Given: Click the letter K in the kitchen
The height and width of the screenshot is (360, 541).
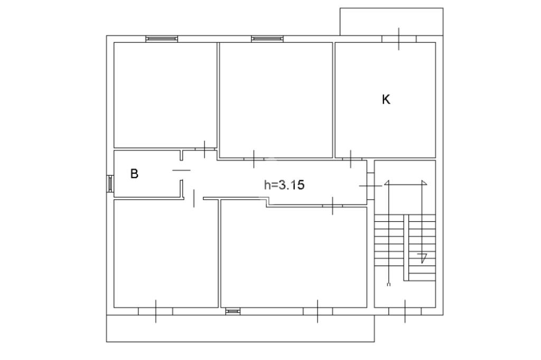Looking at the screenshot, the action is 386,99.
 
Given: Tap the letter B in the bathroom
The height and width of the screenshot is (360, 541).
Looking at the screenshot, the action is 134,173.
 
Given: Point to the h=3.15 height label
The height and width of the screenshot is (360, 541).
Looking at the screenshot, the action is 284,185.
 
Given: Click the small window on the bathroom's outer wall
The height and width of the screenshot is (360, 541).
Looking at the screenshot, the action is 110,184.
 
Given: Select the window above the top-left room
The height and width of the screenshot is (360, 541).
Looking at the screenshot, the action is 162,39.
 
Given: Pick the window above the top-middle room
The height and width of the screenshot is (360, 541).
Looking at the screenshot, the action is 267,39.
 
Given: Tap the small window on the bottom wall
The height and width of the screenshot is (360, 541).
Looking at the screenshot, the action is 233,311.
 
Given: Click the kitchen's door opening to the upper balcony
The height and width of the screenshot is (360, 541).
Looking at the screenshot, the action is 399,39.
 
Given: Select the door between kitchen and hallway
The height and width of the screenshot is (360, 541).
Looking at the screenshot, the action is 351,159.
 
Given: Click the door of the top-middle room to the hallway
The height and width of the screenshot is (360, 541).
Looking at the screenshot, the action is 254,159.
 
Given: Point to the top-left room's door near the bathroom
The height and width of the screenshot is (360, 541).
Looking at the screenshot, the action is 204,149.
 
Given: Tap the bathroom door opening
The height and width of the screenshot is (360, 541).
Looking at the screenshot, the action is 181,170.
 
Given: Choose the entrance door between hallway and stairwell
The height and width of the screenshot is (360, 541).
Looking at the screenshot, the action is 370,186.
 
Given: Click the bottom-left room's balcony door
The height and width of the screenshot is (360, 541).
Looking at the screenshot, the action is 156,311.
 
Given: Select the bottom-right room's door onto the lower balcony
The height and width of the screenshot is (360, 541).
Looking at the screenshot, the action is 318,311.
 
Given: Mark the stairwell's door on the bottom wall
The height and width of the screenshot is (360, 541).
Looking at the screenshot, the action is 405,311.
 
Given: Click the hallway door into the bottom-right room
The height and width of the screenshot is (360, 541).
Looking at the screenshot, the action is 333,206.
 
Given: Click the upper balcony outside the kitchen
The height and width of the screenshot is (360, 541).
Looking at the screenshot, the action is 391,22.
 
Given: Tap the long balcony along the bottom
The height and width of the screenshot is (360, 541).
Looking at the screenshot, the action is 240,328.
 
